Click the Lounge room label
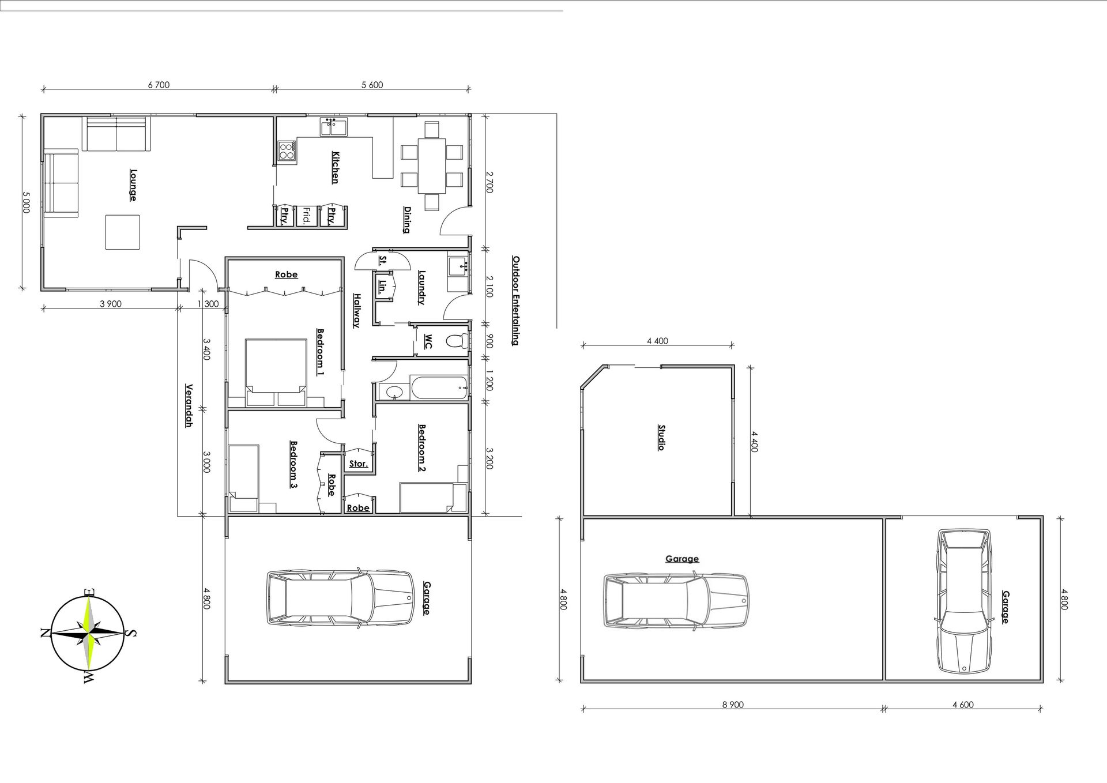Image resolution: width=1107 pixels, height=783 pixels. (x=133, y=185)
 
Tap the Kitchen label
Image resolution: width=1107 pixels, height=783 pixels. (x=335, y=167)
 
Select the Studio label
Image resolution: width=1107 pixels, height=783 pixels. (x=661, y=437)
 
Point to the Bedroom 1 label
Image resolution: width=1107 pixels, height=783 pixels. (x=321, y=352)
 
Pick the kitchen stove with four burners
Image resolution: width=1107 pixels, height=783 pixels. (x=287, y=151)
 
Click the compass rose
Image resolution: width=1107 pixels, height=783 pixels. (x=89, y=633)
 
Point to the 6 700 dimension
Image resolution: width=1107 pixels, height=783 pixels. (x=159, y=85)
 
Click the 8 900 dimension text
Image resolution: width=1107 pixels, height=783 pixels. (x=732, y=705)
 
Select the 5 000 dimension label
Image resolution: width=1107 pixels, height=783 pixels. (x=26, y=202)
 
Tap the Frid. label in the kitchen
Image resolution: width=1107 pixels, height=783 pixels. (x=307, y=216)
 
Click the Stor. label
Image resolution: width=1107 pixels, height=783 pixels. (x=358, y=464)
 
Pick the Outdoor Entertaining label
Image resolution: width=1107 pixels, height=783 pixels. (x=515, y=300)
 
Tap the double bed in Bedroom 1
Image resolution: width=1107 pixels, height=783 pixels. (x=276, y=373)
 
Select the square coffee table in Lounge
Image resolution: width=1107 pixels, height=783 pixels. (x=122, y=232)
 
